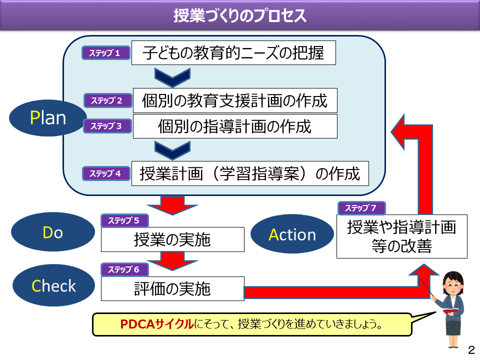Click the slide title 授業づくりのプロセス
(x=239, y=15)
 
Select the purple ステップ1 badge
(x=106, y=53)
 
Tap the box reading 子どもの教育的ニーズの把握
(x=233, y=52)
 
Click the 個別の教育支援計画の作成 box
(x=235, y=100)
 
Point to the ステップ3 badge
(x=107, y=126)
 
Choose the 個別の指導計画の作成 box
(x=235, y=126)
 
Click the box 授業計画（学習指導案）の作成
(x=250, y=173)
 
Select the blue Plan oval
(x=48, y=118)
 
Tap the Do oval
(x=53, y=232)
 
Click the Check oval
(x=53, y=285)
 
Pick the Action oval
(x=292, y=234)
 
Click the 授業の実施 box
(x=172, y=239)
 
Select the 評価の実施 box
(x=172, y=288)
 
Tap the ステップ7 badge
(x=361, y=208)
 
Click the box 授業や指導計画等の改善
(x=402, y=236)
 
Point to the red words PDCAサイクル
(x=156, y=324)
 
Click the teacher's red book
(x=451, y=311)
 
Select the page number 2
(x=471, y=349)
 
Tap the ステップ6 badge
(x=124, y=269)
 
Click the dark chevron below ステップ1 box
(x=172, y=77)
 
